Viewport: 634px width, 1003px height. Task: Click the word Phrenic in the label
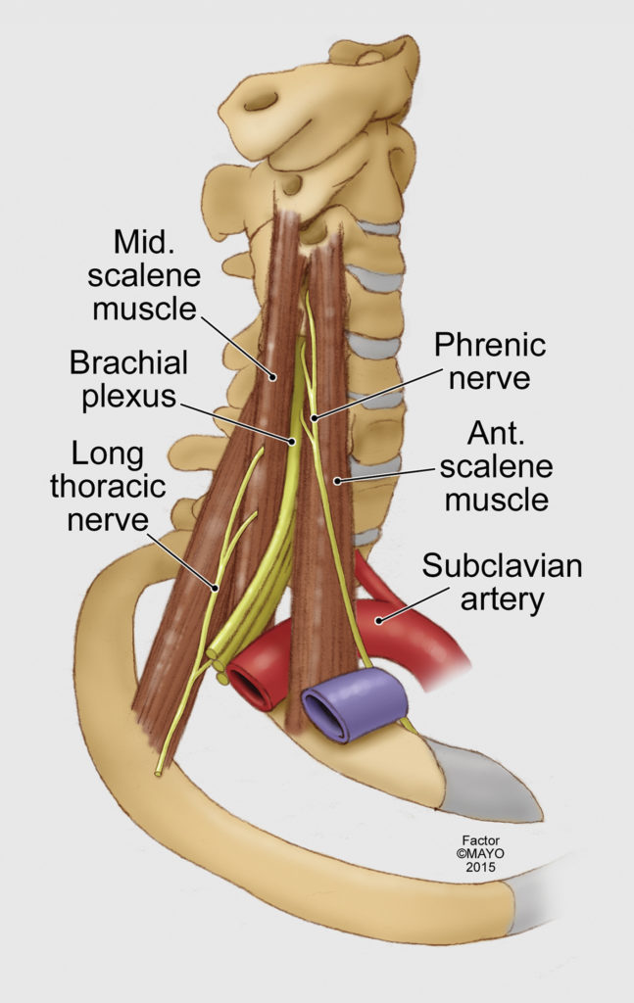490,346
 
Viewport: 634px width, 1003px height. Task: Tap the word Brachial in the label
128,362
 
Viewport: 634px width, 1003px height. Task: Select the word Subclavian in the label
503,566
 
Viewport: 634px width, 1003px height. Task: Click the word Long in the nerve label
108,454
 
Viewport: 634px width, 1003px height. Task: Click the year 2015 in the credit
480,868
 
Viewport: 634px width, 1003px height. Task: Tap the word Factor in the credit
480,840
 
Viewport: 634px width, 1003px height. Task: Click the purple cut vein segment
355,703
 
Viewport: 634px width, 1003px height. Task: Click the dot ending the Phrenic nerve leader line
315,418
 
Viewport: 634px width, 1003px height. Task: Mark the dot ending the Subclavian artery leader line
379,619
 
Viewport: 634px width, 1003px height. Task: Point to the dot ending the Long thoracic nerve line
216,587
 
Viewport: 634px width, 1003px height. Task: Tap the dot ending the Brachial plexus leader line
291,441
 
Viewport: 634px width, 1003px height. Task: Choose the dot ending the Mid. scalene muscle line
272,377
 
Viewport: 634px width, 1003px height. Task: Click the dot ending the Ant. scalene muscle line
336,480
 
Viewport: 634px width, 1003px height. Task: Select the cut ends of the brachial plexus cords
218,665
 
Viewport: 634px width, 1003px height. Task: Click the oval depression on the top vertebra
261,101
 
